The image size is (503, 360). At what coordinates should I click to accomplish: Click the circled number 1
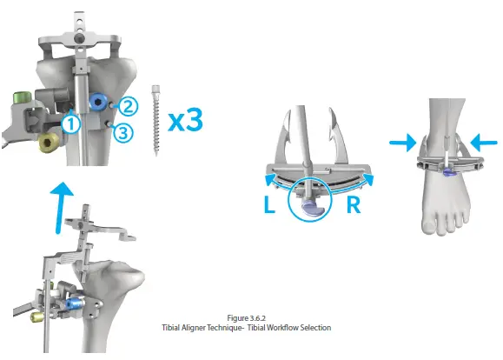(x=71, y=124)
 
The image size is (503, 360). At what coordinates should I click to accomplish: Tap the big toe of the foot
(x=429, y=225)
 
